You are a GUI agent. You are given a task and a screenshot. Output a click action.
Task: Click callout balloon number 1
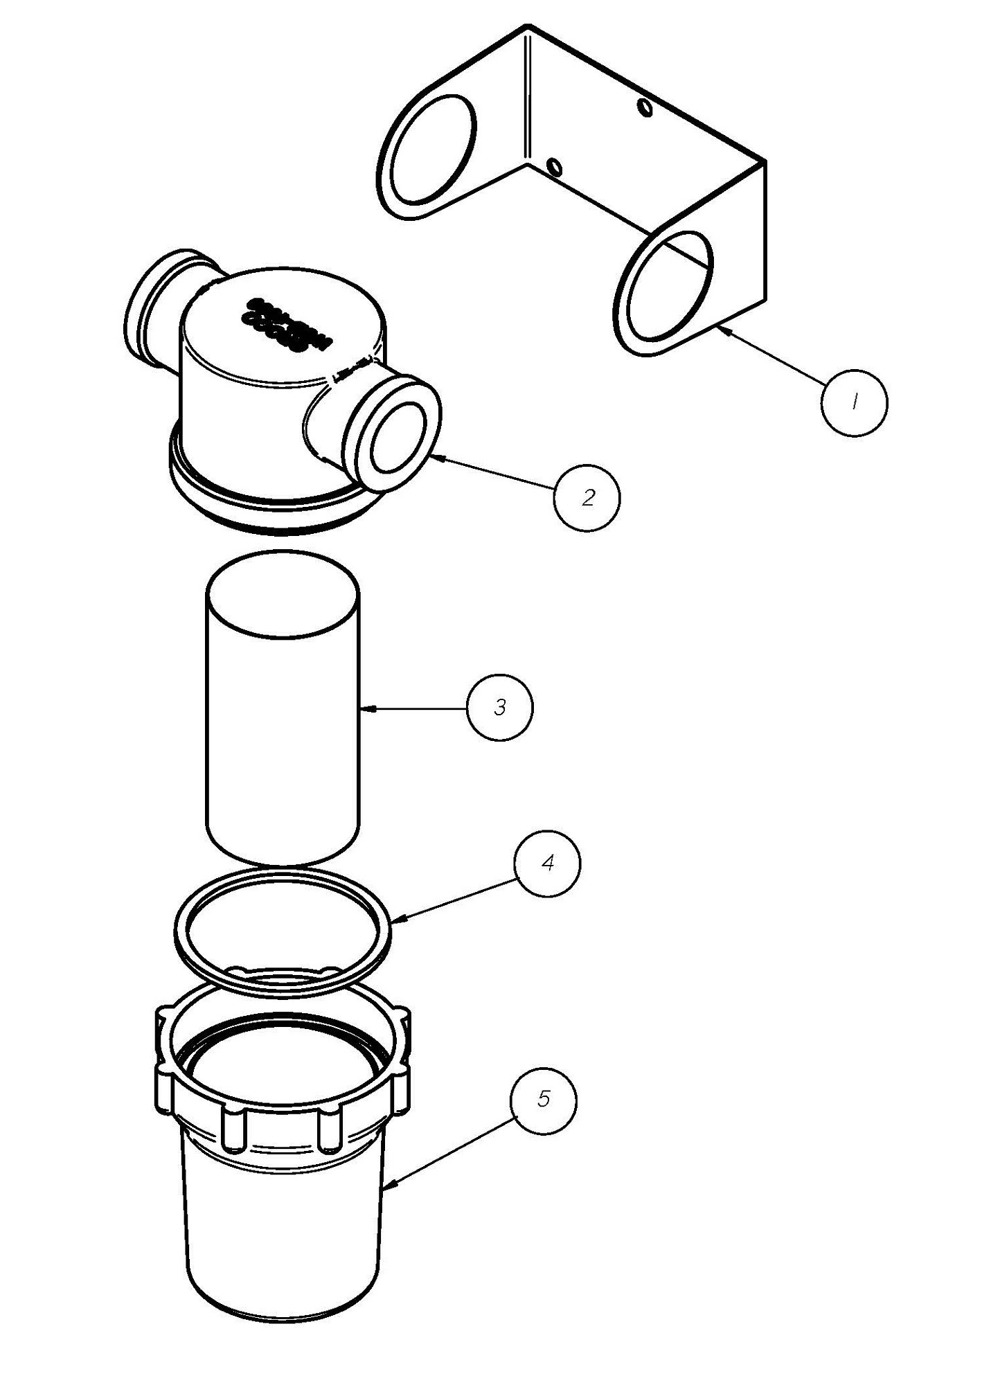[853, 402]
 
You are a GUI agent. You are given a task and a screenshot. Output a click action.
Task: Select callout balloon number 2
[587, 498]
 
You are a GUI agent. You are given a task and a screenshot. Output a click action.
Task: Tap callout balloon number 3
[500, 708]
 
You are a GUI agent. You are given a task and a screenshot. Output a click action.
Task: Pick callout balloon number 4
[547, 864]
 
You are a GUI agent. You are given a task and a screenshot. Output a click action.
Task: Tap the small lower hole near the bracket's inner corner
[554, 167]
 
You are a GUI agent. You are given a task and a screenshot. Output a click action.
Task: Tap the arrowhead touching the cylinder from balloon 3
[366, 708]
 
